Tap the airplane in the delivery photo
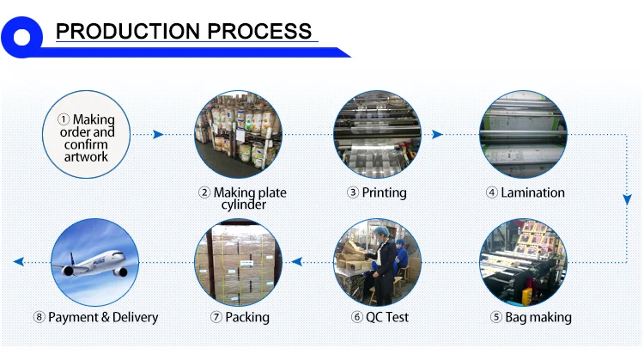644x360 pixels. tap(94, 263)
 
